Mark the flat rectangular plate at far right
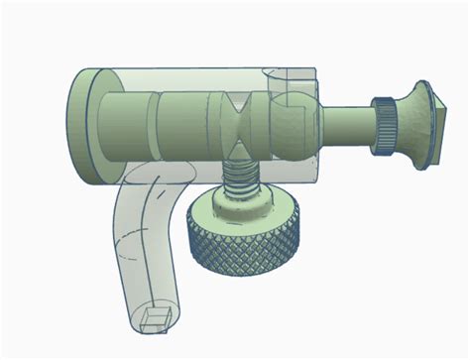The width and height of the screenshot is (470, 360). click(433, 125)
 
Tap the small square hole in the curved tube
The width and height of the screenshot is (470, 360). click(154, 318)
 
